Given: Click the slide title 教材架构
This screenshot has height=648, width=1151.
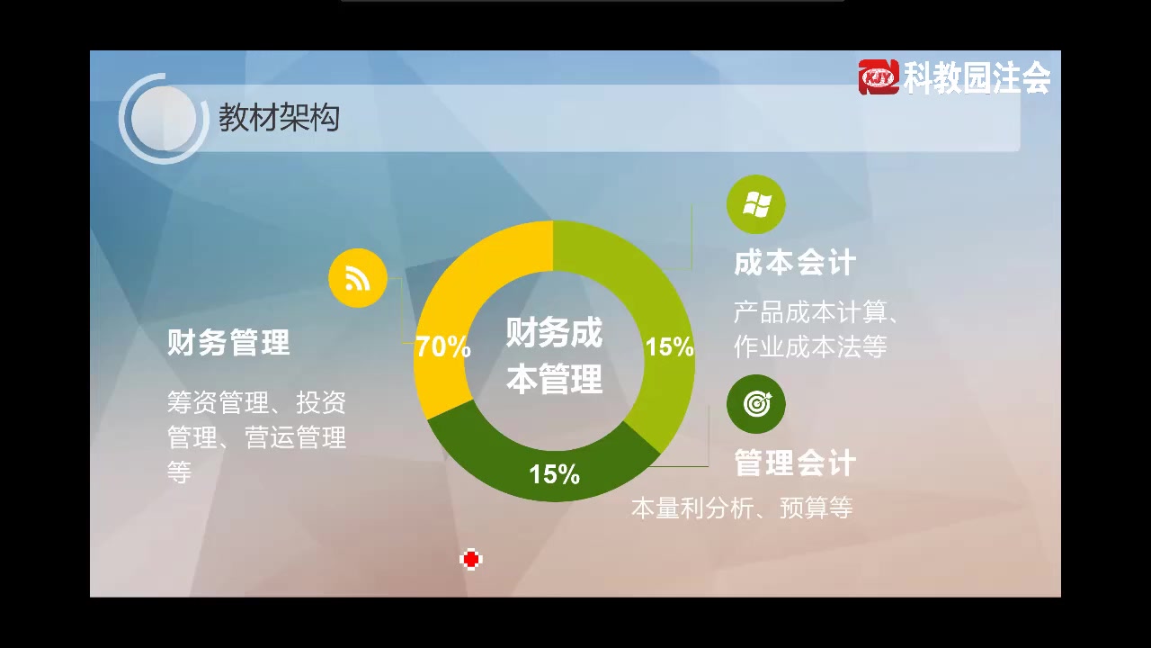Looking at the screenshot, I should click(279, 118).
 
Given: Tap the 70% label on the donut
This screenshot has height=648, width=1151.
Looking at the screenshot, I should click(442, 346).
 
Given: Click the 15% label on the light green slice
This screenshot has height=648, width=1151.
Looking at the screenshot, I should click(669, 346).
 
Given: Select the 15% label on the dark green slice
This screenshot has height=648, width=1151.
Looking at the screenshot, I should click(554, 473).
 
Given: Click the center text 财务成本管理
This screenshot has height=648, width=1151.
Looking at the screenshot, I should click(554, 356).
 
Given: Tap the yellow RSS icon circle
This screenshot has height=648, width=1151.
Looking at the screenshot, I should click(358, 279).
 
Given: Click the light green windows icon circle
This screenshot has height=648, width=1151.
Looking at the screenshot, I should click(755, 205).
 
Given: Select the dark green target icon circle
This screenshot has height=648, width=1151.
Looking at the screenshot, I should click(755, 404).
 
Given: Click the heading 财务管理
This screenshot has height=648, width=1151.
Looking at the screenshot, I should click(228, 343).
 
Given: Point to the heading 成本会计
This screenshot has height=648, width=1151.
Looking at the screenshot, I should click(795, 264).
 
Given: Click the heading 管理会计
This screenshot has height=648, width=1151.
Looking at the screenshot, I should click(795, 463).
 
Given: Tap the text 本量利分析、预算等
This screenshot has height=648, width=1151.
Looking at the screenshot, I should click(742, 508).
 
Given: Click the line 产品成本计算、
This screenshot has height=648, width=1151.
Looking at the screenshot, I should click(816, 313).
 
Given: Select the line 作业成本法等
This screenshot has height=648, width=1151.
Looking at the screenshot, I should click(810, 346).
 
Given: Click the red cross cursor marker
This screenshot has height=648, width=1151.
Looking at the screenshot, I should click(470, 560).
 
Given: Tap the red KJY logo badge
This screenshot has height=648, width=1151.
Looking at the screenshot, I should click(879, 77).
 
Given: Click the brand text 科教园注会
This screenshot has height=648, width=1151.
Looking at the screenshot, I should click(977, 78).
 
